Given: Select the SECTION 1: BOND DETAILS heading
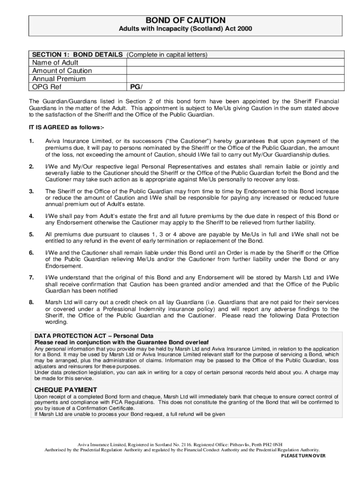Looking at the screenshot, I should (x=77, y=55).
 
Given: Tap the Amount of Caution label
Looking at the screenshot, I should (x=62, y=71).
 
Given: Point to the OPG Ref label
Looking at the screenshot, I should (x=47, y=87).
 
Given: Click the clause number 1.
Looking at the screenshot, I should (x=31, y=141).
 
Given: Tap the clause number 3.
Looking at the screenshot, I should (x=31, y=191).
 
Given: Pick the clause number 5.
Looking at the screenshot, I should (x=31, y=234).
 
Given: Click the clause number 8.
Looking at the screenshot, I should (x=31, y=302).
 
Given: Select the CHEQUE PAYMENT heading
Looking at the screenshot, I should (x=66, y=390).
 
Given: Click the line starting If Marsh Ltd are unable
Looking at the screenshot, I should (x=130, y=414).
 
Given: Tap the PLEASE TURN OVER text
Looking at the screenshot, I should (x=303, y=456).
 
